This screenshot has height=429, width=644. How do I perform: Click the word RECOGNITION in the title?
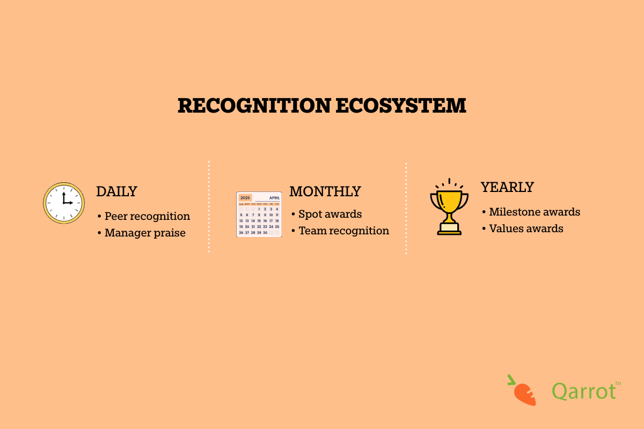pyautogui.click(x=254, y=106)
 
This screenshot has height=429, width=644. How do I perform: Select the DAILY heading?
pyautogui.click(x=116, y=191)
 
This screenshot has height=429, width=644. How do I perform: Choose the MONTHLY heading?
pyautogui.click(x=325, y=191)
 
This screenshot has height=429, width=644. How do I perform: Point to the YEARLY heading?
pyautogui.click(x=507, y=187)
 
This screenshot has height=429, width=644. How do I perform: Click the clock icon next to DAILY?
pyautogui.click(x=64, y=203)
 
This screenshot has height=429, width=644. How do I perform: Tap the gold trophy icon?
pyautogui.click(x=449, y=206)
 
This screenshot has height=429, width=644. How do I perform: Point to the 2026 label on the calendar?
pyautogui.click(x=245, y=197)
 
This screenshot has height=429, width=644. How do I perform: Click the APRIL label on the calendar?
pyautogui.click(x=275, y=197)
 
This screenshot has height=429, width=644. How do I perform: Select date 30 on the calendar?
pyautogui.click(x=265, y=233)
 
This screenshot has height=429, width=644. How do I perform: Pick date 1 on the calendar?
pyautogui.click(x=259, y=209)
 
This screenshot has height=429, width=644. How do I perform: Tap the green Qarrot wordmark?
pyautogui.click(x=584, y=391)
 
